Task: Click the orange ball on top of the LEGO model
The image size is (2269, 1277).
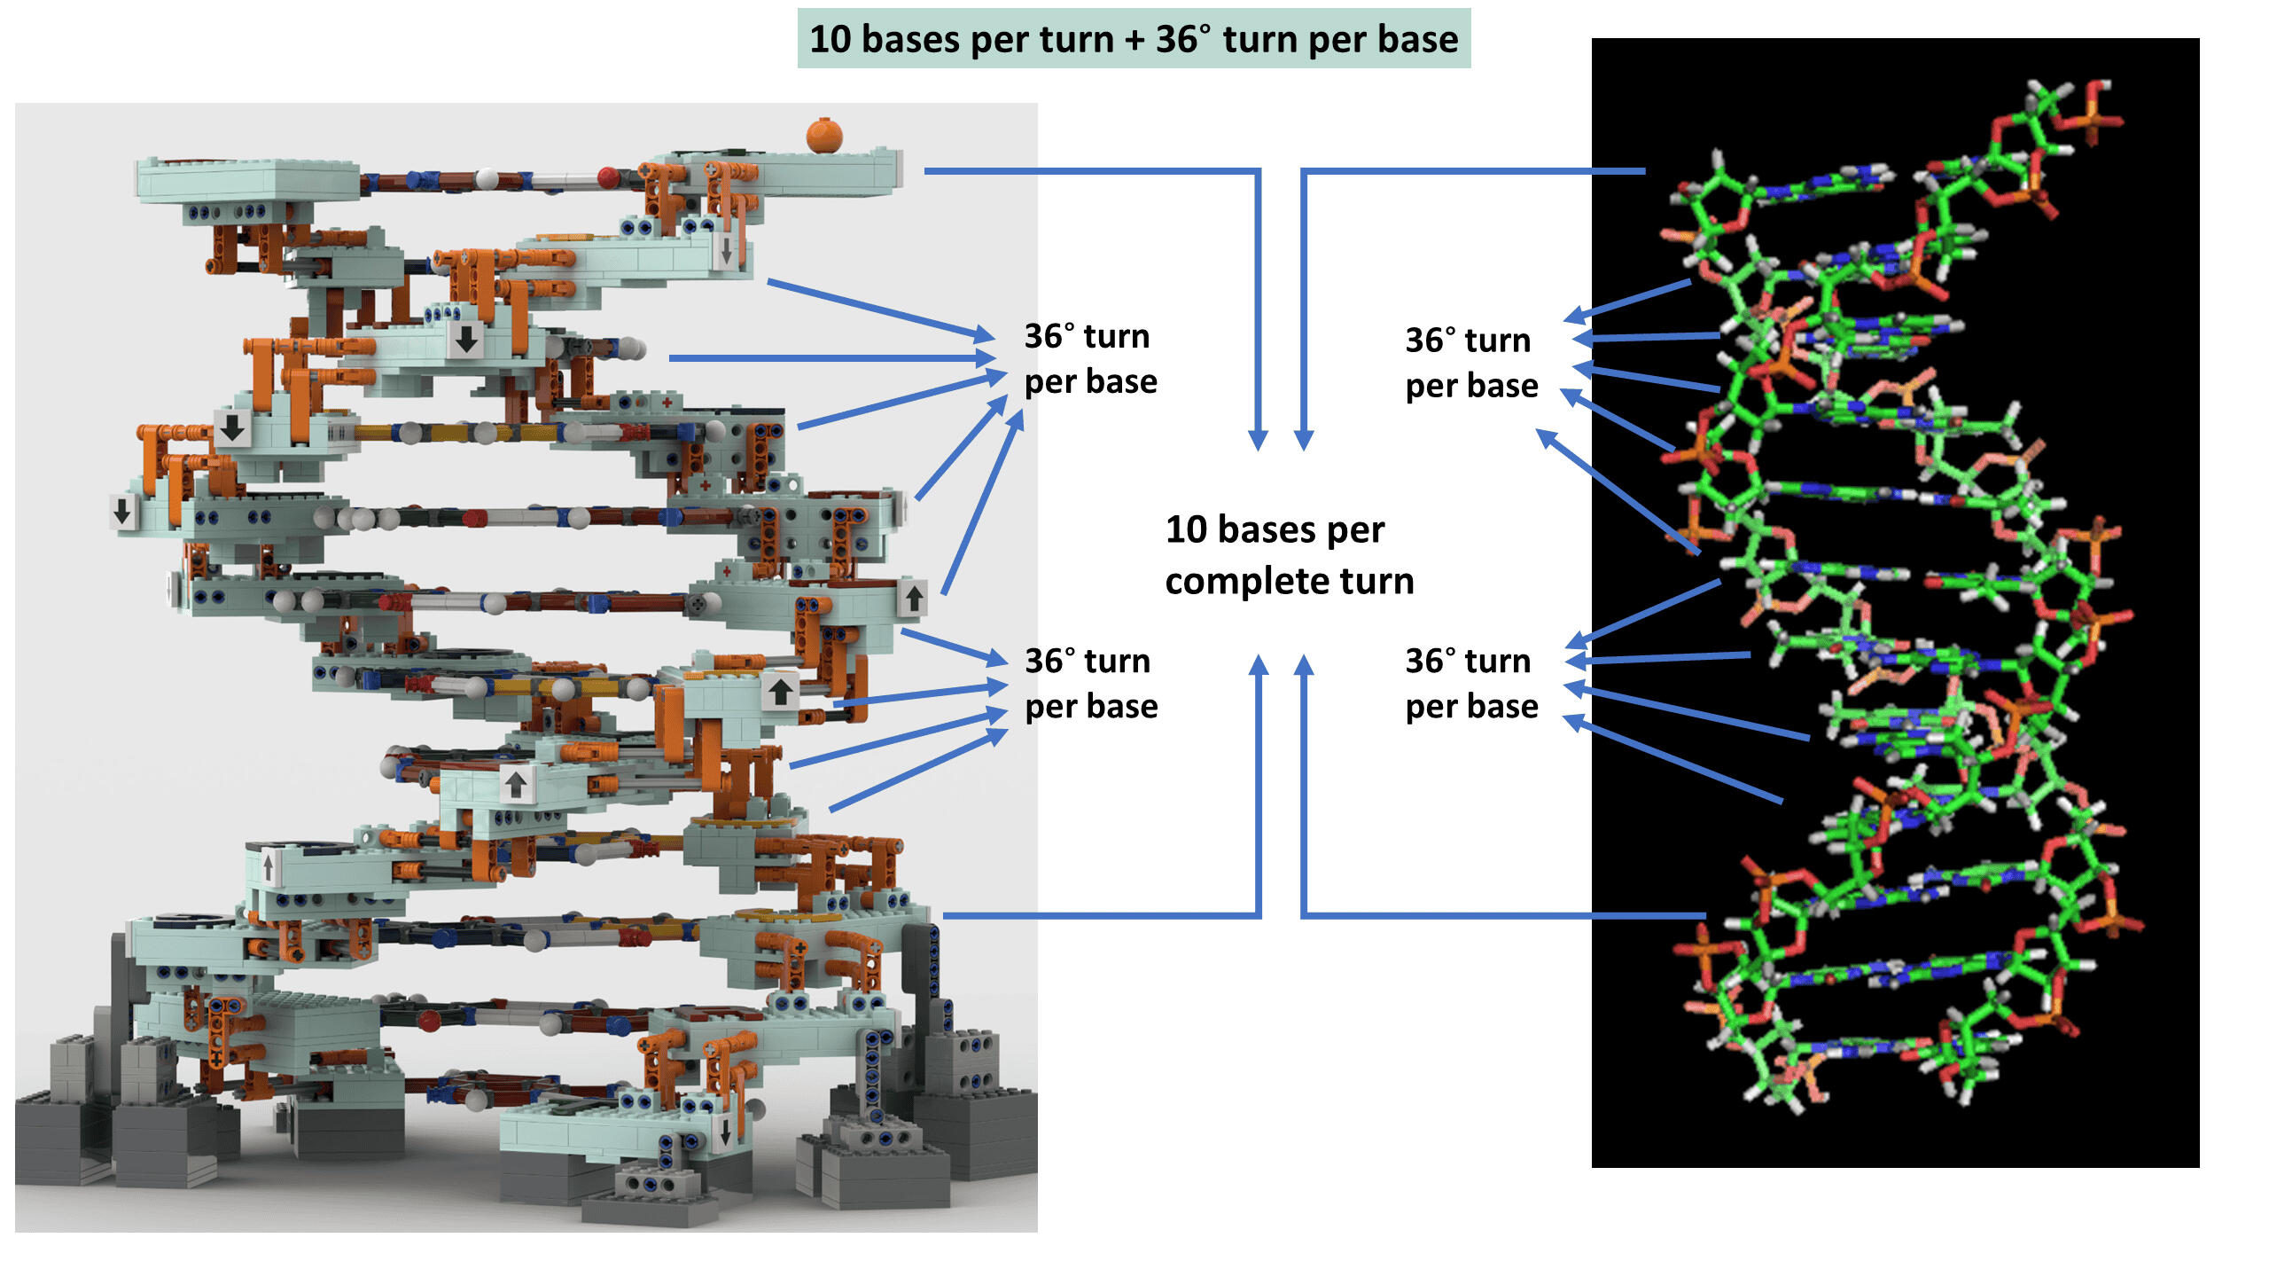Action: [x=823, y=135]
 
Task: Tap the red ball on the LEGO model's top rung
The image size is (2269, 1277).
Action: [x=608, y=177]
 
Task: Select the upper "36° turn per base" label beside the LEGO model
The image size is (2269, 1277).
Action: [x=1090, y=359]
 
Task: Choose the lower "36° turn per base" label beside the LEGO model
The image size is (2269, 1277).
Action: [x=1090, y=684]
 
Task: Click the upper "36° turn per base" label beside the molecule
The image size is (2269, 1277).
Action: [x=1471, y=363]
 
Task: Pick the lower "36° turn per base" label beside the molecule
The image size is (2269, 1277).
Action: [x=1471, y=684]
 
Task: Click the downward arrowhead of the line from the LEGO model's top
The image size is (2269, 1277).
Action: [x=1258, y=440]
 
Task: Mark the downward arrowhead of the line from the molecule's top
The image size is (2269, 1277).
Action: [x=1304, y=440]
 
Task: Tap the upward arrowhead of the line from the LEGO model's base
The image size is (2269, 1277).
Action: [x=1258, y=665]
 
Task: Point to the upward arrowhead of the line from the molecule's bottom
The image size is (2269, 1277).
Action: [x=1304, y=665]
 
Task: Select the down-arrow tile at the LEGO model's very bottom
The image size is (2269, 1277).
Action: [x=725, y=1132]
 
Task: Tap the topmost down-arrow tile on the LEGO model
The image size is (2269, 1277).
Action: [x=726, y=252]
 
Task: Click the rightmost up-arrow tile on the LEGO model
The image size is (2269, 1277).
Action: [x=914, y=596]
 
